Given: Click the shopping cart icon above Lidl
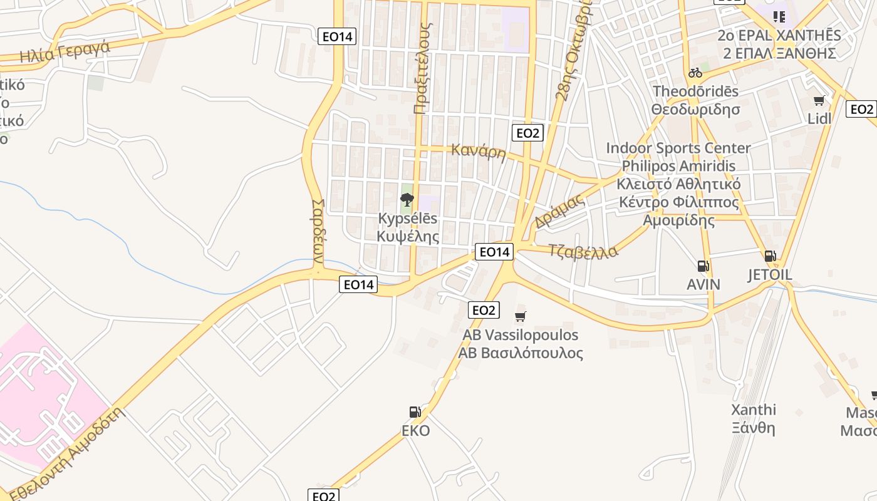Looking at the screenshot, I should [x=819, y=101].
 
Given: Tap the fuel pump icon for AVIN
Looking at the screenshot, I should [x=703, y=266].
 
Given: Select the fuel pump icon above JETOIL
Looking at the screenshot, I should [x=770, y=256].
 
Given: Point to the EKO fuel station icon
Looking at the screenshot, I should [x=415, y=412].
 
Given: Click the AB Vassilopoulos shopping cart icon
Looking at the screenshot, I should [x=520, y=317].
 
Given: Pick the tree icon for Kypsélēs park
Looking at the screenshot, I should [x=407, y=200].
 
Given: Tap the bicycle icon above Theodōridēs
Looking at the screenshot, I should [x=695, y=73].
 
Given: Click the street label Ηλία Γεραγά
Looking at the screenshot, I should [x=65, y=52].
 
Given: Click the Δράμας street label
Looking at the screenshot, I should [x=559, y=211].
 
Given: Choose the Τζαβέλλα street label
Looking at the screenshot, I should [x=583, y=251].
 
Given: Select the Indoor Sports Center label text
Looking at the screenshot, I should [x=678, y=148].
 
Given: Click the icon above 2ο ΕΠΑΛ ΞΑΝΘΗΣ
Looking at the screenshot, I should [x=779, y=16].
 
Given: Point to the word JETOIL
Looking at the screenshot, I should [x=770, y=275].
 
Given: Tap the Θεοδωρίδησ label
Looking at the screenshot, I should [x=695, y=110].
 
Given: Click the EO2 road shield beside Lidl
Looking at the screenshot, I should [x=861, y=110].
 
